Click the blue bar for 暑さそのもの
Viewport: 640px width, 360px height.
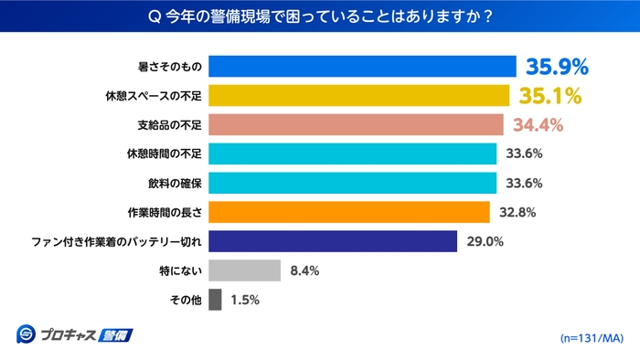[363, 67]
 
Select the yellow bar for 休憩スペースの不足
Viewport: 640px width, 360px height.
[359, 96]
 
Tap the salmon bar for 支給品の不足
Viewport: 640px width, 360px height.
[356, 124]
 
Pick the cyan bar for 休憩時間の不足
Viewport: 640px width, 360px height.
[352, 154]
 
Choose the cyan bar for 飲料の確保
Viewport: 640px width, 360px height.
[352, 183]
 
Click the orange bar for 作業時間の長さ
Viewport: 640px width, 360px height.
[348, 212]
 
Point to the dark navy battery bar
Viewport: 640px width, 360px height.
[333, 241]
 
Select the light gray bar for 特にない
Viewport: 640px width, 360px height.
[244, 270]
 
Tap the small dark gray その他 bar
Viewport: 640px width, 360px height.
[215, 300]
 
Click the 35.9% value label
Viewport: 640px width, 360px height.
[556, 67]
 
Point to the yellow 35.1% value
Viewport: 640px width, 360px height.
[550, 96]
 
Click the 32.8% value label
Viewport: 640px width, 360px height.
[517, 212]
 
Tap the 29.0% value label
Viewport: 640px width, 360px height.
[485, 241]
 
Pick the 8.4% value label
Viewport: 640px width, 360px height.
[305, 270]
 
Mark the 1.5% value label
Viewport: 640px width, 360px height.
[246, 300]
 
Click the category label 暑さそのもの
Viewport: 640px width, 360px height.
[168, 67]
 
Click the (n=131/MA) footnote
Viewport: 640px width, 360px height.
[591, 338]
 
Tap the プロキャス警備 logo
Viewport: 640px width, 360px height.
[74, 334]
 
